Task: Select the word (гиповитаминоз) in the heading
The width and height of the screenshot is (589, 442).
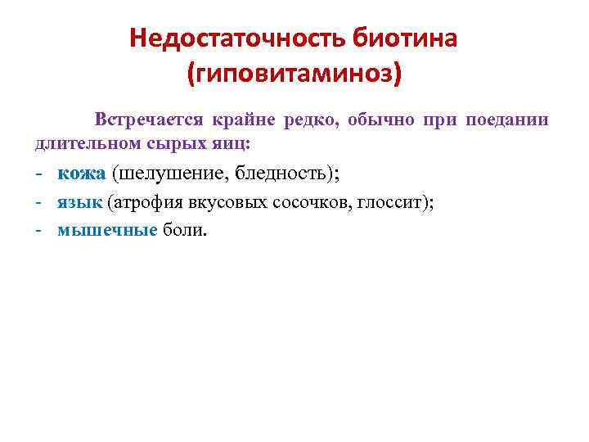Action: coord(294,76)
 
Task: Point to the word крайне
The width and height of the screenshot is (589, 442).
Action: coord(244,120)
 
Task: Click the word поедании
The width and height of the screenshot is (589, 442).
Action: coord(507,120)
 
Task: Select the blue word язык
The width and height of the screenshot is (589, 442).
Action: coord(79,203)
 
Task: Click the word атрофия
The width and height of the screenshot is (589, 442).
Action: coord(145,203)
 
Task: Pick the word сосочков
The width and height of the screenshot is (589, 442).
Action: coord(312,203)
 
